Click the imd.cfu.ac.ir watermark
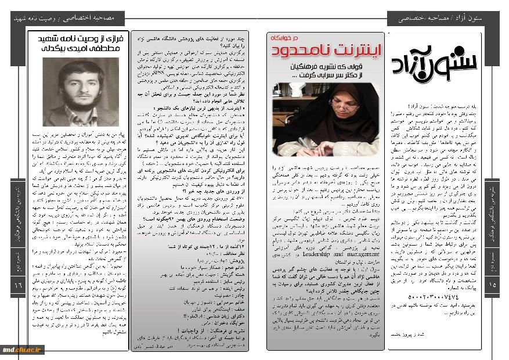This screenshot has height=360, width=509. (23, 348)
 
